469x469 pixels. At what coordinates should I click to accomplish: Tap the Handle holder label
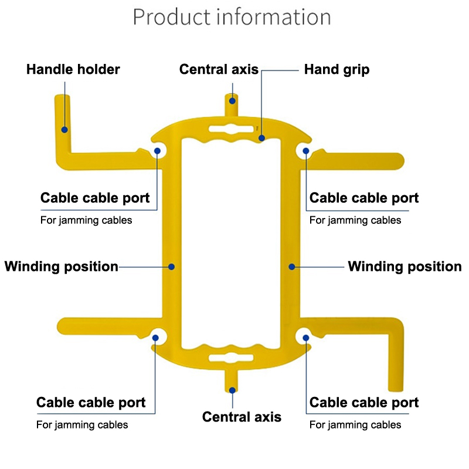[x=73, y=70]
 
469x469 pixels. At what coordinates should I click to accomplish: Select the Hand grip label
[x=337, y=70]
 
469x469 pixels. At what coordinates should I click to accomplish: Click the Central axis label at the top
[x=219, y=70]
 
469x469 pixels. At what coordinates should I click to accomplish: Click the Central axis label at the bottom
[x=242, y=417]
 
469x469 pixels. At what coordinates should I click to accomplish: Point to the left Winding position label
[x=62, y=267]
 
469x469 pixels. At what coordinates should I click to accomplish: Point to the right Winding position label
[x=405, y=267]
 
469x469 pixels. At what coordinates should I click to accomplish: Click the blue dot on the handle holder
[x=64, y=129]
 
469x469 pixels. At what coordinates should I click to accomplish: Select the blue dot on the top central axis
[x=233, y=100]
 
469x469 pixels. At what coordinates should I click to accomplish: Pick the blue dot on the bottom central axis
[x=233, y=389]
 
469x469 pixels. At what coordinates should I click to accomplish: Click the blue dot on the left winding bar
[x=172, y=267]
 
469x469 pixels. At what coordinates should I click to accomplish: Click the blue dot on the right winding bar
[x=291, y=267]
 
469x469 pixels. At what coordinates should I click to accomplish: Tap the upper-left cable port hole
[x=158, y=151]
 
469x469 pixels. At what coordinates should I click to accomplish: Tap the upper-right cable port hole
[x=306, y=151]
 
